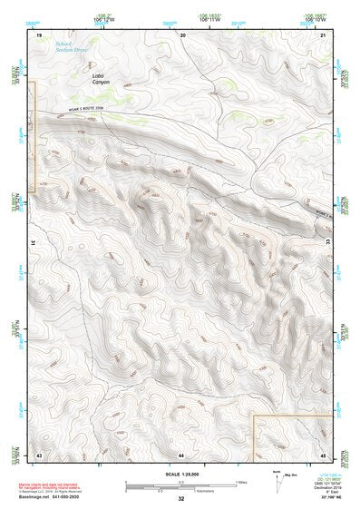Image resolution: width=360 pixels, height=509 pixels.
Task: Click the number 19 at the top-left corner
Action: [39, 34]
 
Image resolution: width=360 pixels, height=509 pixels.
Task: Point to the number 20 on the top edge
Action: [182, 34]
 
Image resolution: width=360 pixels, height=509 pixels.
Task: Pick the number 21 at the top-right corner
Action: [325, 34]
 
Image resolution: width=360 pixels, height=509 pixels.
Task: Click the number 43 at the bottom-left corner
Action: [39, 453]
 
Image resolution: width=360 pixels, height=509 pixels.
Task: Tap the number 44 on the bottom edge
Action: [181, 453]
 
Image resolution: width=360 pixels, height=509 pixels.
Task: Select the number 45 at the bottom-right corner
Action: [324, 453]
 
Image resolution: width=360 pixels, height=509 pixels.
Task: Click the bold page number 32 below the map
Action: [181, 498]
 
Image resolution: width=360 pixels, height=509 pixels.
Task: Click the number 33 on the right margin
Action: [328, 242]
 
